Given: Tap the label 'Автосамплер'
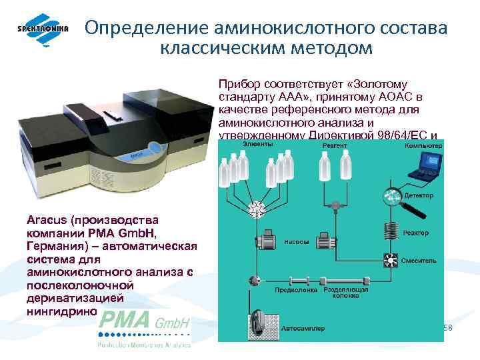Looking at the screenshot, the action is pyautogui.click(x=303, y=327).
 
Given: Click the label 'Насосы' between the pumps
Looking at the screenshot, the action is pyautogui.click(x=295, y=241).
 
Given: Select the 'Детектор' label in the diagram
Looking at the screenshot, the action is pyautogui.click(x=419, y=195).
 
